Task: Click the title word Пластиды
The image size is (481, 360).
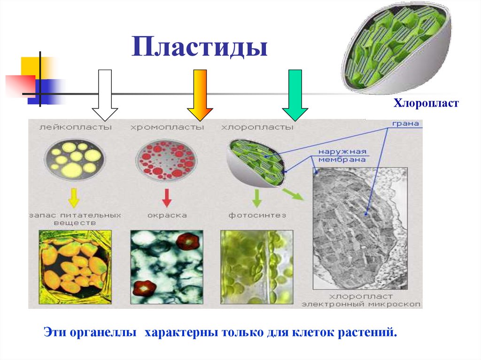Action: (x=199, y=48)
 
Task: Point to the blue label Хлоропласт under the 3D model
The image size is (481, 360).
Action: (x=426, y=102)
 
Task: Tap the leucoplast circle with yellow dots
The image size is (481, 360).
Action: (x=75, y=160)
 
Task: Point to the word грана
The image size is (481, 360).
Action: (x=403, y=125)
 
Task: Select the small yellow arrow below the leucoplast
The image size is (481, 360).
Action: (x=73, y=197)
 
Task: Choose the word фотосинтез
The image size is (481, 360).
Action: (x=257, y=215)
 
